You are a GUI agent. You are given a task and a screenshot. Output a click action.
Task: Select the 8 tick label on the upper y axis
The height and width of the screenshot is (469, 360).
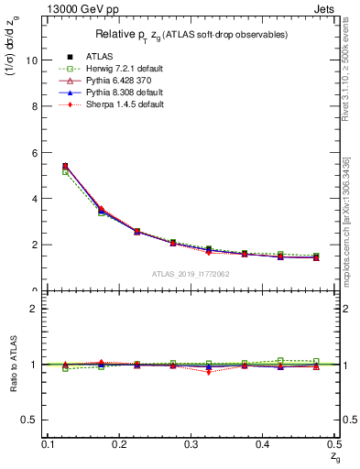pos(34,106)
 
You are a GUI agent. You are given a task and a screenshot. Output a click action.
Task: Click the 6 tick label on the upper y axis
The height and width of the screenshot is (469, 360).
pos(34,152)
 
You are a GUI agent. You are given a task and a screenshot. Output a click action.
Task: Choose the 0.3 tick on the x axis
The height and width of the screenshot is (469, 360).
pos(192,444)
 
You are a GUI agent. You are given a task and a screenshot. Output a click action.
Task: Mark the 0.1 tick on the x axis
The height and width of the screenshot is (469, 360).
pos(49,444)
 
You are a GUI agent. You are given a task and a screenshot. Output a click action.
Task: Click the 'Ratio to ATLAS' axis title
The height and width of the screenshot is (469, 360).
pos(12,365)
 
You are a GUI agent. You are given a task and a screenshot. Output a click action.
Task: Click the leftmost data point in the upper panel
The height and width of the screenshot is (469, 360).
pos(65,167)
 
